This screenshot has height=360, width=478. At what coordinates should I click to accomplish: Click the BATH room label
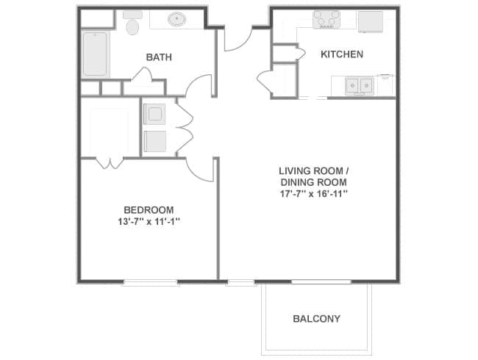159,57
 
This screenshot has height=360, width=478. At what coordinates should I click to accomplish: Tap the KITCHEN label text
341,54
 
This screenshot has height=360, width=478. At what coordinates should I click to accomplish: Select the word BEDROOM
149,209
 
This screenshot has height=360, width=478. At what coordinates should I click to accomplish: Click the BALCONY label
316,319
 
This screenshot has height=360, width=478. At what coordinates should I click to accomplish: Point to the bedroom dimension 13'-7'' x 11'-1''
149,221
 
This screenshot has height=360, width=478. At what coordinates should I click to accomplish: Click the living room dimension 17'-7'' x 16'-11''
313,194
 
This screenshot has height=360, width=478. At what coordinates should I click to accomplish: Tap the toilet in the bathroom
133,24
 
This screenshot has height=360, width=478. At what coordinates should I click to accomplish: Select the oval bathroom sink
177,19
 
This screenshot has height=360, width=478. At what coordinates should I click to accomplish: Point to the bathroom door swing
198,87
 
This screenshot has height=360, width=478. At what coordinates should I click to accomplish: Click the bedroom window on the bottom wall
150,282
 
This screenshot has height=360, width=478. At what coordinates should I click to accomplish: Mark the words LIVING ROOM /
313,170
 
